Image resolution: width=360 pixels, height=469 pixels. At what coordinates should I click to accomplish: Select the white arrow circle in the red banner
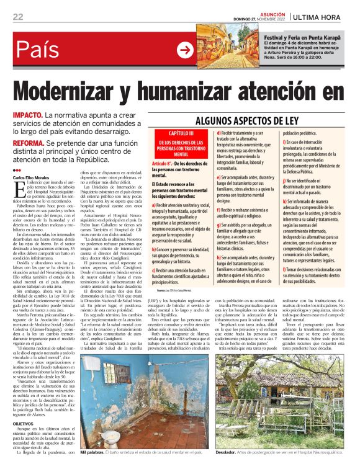(x=185, y=50)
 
